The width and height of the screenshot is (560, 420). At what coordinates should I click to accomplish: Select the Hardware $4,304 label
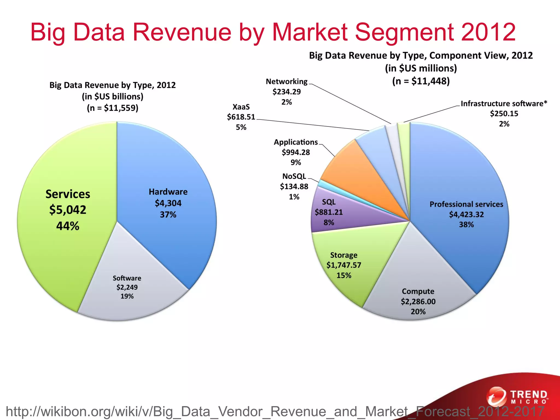[168, 203]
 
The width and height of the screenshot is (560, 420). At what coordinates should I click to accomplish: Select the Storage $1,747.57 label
[344, 265]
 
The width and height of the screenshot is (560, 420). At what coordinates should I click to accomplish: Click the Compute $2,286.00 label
[418, 301]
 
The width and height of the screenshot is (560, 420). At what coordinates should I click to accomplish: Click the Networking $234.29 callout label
[287, 92]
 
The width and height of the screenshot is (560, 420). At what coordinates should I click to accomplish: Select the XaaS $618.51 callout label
[241, 117]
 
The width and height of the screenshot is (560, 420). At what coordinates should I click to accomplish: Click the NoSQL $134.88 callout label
[294, 186]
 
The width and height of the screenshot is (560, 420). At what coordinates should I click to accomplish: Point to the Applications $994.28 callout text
[296, 152]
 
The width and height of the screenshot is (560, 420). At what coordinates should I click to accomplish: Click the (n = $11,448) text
[421, 81]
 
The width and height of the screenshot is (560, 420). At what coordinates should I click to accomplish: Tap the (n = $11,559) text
[112, 108]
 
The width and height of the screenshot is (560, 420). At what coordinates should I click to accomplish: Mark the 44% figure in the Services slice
[68, 226]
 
